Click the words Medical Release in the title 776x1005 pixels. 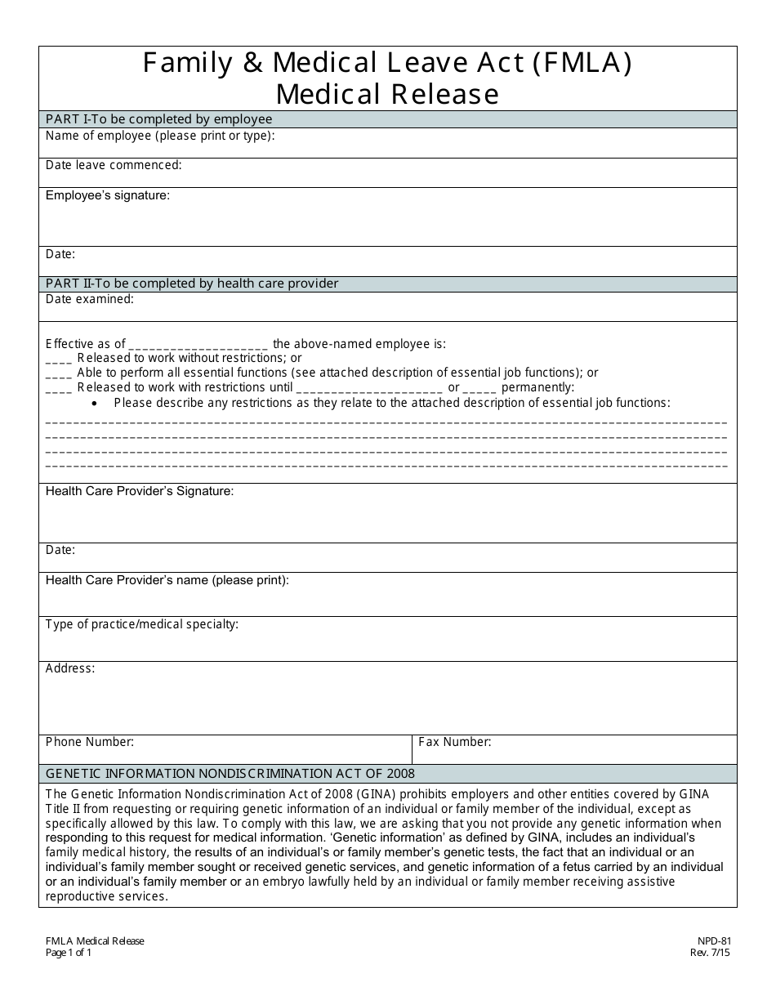pos(387,95)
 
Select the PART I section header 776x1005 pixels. pos(158,119)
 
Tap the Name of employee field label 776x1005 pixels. pos(160,136)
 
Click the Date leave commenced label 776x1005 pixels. pos(114,165)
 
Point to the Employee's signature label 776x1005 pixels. pos(108,195)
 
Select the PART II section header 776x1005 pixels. pos(192,284)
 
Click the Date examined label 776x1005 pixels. pos(90,299)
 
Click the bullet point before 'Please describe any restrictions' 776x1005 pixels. pos(96,403)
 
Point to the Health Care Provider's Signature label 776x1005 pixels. pos(140,491)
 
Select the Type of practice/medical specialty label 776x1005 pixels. pos(142,624)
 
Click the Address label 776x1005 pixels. pos(70,668)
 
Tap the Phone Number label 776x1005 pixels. pos(90,742)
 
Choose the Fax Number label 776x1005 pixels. pos(455,742)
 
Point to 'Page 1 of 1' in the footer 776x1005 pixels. pos(69,952)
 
